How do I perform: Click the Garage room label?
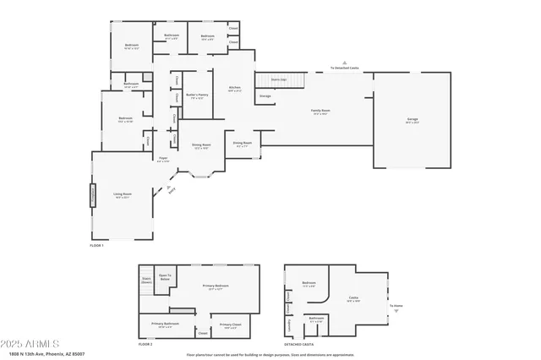[412, 120]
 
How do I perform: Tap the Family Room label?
[320, 112]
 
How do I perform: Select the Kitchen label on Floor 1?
[236, 88]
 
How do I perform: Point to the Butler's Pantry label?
[197, 95]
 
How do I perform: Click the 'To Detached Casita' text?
[345, 68]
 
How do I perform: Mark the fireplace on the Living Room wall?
[93, 194]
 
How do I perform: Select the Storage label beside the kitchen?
[265, 96]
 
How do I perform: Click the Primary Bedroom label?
[216, 286]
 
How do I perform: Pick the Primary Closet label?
[230, 325]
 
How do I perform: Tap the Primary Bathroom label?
[166, 325]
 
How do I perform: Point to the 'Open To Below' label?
[165, 276]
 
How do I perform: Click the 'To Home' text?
[396, 306]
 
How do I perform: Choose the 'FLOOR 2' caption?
[145, 344]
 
